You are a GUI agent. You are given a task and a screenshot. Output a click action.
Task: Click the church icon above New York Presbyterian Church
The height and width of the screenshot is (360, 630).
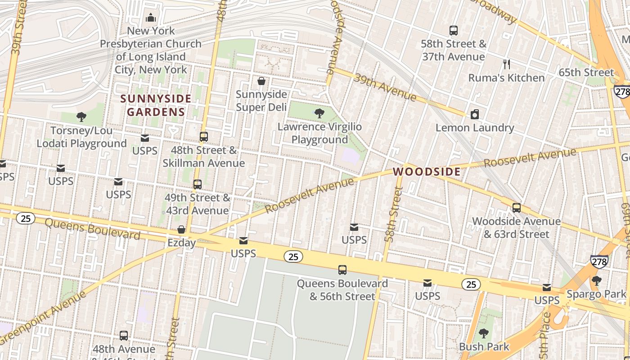click(151, 18)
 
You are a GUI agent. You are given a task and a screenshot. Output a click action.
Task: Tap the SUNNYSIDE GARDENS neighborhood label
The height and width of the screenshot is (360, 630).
click(156, 105)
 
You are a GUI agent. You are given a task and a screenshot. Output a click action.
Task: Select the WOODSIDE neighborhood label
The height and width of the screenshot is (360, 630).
click(427, 171)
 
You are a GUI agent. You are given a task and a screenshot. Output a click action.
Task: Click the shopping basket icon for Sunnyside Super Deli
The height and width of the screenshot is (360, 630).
click(261, 81)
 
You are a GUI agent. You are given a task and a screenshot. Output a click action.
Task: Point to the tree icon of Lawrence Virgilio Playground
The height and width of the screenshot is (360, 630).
click(319, 113)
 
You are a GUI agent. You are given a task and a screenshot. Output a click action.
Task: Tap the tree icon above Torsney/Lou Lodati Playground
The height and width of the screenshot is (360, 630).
click(81, 117)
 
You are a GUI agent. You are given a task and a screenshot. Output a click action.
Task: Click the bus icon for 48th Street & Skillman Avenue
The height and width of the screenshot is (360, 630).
click(204, 137)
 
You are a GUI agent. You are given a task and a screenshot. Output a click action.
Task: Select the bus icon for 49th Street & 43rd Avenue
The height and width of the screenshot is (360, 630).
click(197, 184)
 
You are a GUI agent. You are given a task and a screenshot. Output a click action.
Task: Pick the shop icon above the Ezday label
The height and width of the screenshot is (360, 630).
click(181, 230)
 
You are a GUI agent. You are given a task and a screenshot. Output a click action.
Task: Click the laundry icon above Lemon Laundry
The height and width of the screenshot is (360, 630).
click(474, 115)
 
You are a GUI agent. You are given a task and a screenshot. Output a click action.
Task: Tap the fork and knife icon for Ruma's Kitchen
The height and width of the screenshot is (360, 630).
click(506, 64)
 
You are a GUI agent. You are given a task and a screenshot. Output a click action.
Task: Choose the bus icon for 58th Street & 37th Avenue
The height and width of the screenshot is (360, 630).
click(454, 31)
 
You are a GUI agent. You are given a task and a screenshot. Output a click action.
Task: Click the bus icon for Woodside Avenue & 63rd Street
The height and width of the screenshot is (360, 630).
click(516, 208)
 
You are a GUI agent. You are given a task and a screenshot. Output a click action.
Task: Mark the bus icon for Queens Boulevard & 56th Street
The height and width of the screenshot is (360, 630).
click(342, 270)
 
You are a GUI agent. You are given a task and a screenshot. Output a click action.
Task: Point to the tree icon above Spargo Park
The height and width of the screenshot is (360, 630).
click(596, 281)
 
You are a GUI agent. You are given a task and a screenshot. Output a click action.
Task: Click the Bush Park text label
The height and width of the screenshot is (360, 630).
click(484, 347)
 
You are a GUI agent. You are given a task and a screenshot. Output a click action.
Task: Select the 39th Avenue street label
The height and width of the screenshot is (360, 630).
click(385, 87)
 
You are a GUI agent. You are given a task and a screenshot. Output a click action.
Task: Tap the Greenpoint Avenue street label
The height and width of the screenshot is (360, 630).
click(43, 318)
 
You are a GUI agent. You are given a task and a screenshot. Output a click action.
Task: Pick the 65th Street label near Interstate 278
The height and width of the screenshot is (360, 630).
click(586, 72)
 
